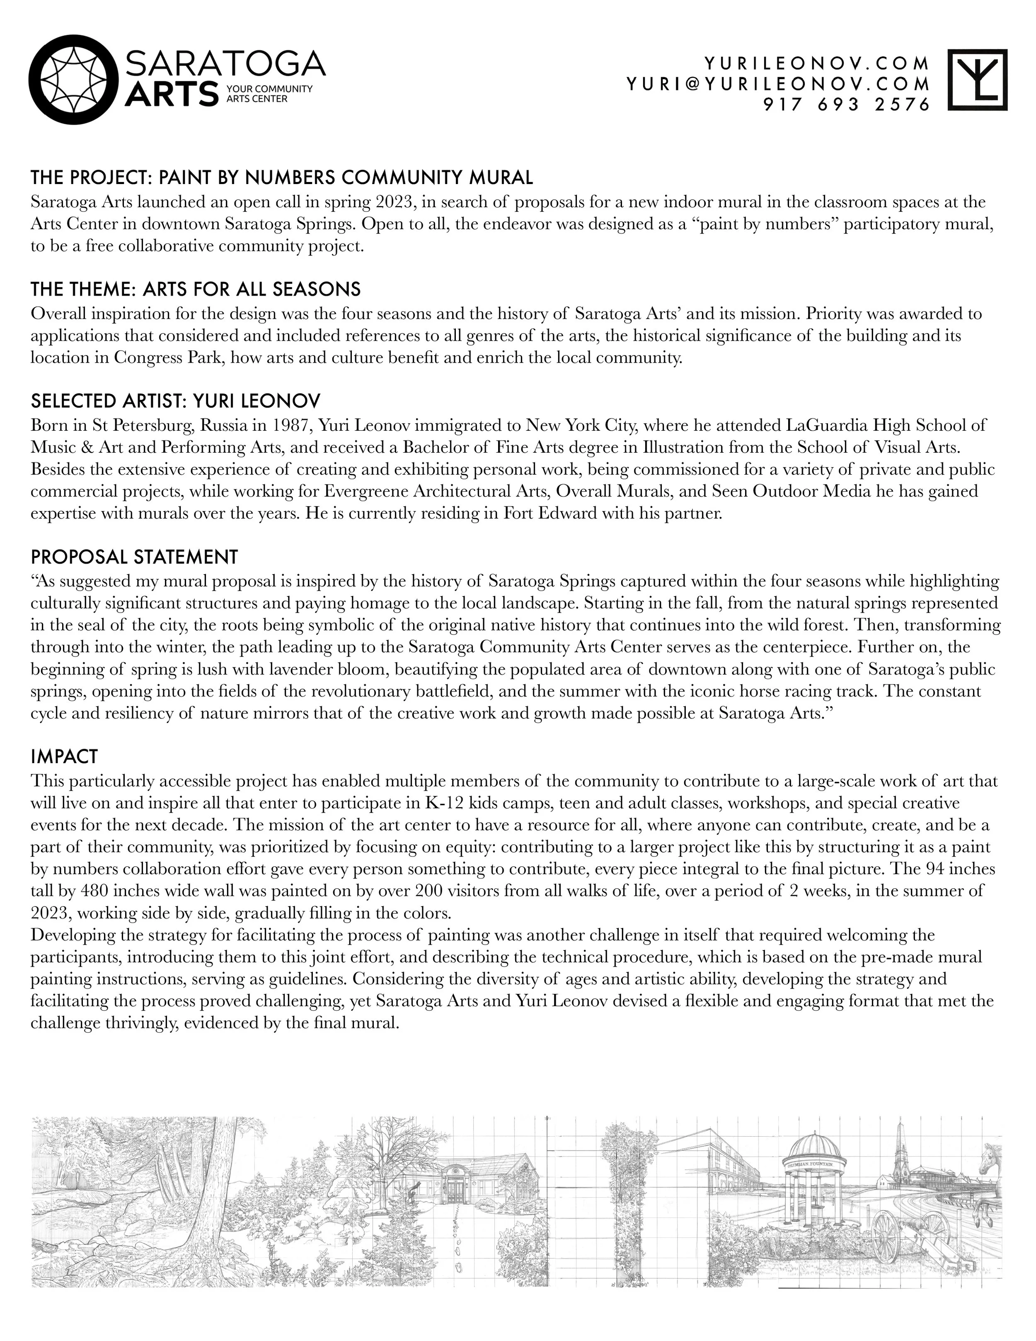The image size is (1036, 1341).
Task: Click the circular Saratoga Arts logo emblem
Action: [74, 80]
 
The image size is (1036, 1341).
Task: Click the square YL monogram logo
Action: [978, 80]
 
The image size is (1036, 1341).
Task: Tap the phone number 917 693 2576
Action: [847, 105]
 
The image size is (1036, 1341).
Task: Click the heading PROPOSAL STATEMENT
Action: [134, 557]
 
